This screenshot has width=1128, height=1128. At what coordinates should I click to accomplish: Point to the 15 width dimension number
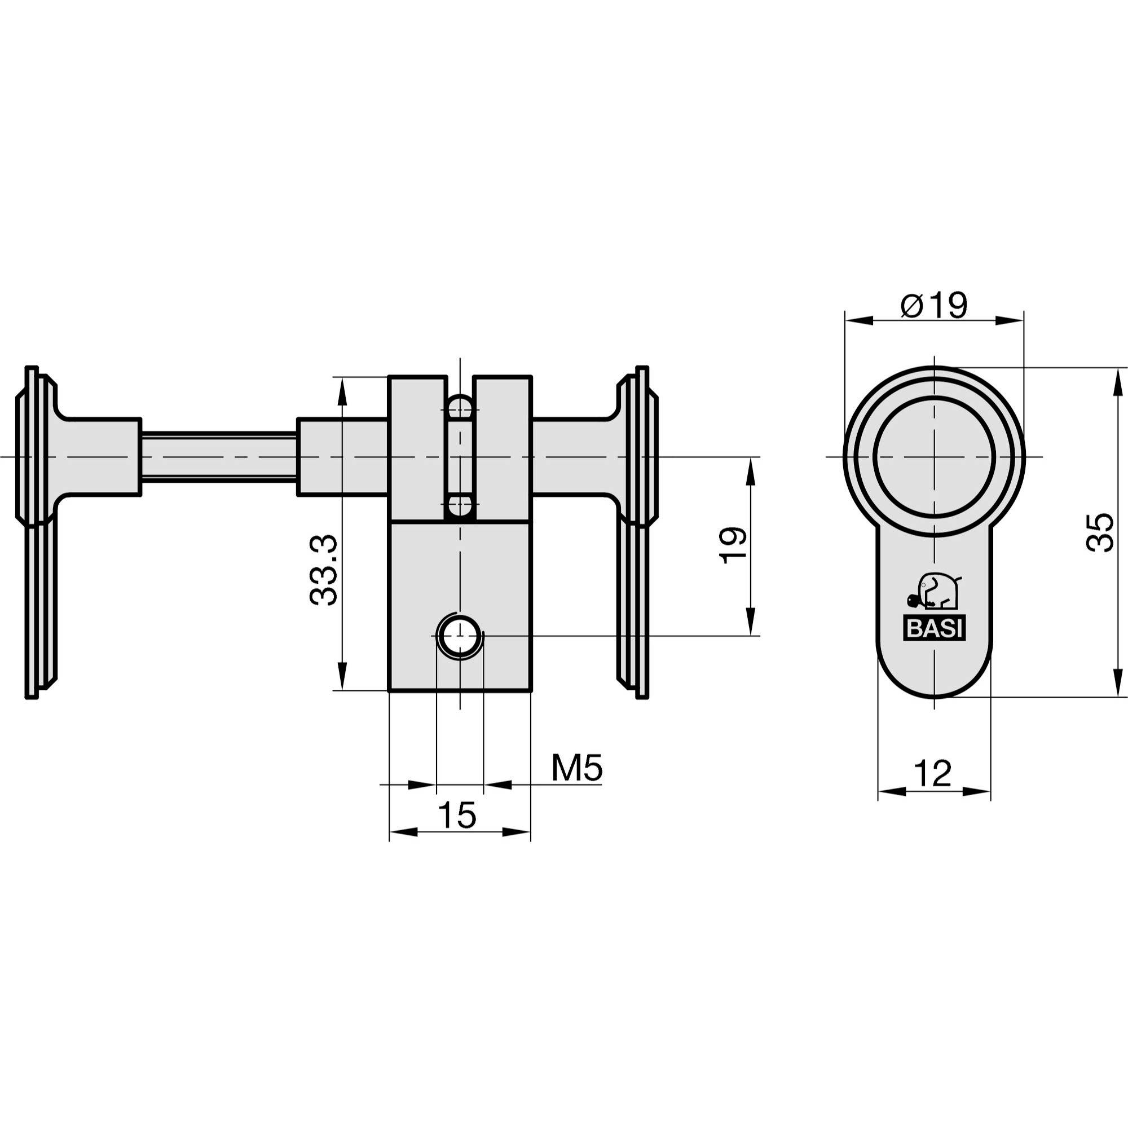click(x=457, y=815)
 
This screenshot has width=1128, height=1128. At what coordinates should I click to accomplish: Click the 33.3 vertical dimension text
click(x=323, y=569)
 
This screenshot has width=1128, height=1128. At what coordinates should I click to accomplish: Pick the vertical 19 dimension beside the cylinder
click(x=733, y=545)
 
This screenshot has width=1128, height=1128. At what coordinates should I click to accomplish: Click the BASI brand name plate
click(x=934, y=629)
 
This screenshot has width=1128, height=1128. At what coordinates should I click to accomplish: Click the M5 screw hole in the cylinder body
click(x=460, y=636)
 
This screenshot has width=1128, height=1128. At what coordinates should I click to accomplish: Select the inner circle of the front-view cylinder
click(x=934, y=457)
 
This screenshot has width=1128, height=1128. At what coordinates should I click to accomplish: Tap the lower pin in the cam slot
click(x=460, y=505)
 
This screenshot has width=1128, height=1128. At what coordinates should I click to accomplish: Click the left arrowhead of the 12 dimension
click(x=891, y=792)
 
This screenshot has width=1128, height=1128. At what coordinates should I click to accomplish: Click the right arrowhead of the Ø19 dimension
click(x=1010, y=320)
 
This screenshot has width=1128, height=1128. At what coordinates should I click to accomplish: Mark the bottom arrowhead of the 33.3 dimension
click(x=343, y=677)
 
